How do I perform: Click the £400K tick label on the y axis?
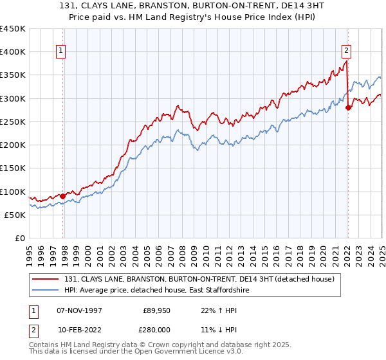[12, 52]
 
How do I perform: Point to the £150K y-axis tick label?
[12, 168]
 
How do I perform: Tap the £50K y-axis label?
[15, 215]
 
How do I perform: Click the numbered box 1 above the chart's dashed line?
[60, 52]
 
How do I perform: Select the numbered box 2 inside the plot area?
[346, 52]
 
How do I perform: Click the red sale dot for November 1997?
[62, 196]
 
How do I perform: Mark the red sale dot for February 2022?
[348, 108]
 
